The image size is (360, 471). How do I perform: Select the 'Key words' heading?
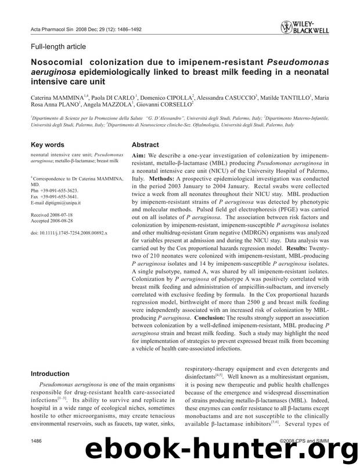coord(48,144)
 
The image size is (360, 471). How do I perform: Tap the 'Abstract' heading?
coord(145,145)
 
